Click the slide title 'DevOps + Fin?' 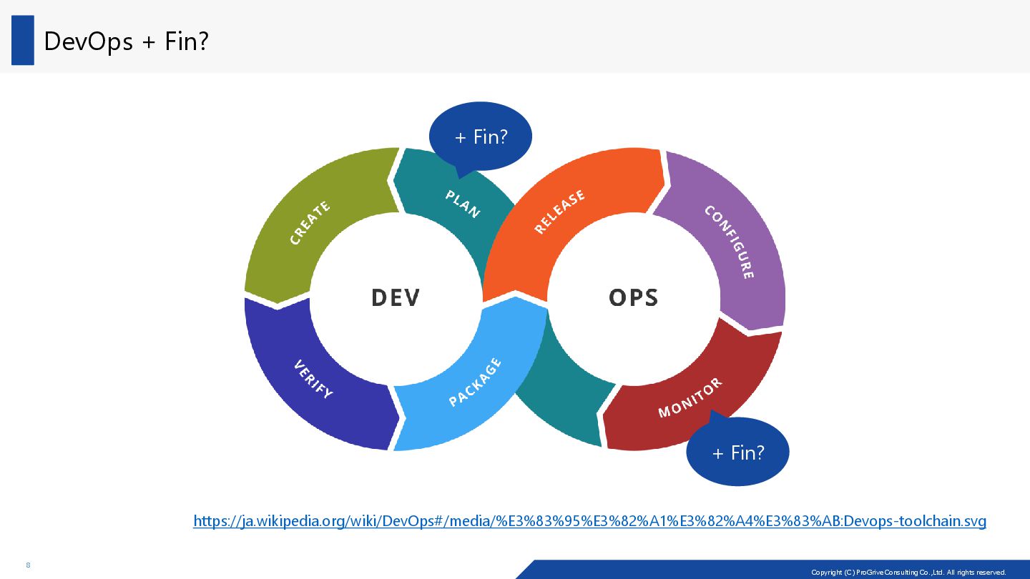pyautogui.click(x=126, y=41)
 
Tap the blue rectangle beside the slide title pyautogui.click(x=23, y=40)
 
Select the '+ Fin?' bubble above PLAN pyautogui.click(x=481, y=136)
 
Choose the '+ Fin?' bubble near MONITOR pyautogui.click(x=738, y=452)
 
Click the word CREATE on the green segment pyautogui.click(x=310, y=223)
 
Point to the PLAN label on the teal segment pyautogui.click(x=463, y=203)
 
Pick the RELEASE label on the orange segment pyautogui.click(x=560, y=212)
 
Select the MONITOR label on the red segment pyautogui.click(x=690, y=398)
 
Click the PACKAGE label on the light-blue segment pyautogui.click(x=475, y=382)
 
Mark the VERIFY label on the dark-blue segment pyautogui.click(x=313, y=379)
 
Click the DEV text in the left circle pyautogui.click(x=396, y=297)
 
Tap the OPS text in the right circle pyautogui.click(x=633, y=297)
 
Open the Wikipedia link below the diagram pyautogui.click(x=589, y=521)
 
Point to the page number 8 pyautogui.click(x=28, y=565)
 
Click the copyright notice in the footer pyautogui.click(x=908, y=572)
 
